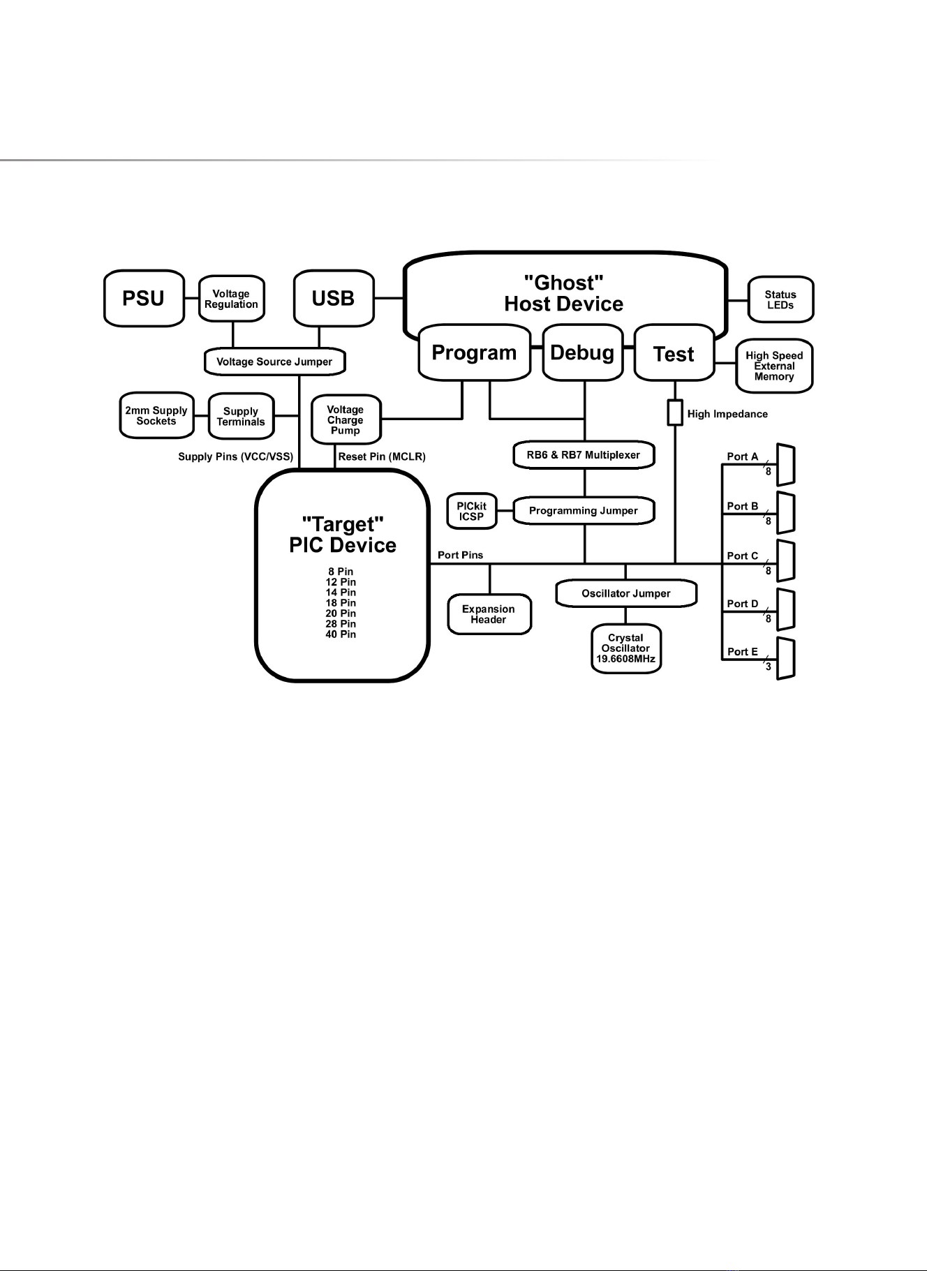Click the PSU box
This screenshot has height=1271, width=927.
tap(144, 299)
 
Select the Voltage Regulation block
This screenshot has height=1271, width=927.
tap(231, 299)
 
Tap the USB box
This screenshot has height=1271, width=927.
tap(334, 299)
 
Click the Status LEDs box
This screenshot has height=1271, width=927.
tap(780, 300)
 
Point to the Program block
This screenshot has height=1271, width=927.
tap(474, 353)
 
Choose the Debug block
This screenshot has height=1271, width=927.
tap(582, 353)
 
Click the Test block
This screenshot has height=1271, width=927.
tap(674, 355)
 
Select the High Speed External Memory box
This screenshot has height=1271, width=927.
tap(774, 366)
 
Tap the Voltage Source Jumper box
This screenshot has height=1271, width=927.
tap(274, 362)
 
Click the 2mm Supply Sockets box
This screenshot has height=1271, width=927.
tap(156, 416)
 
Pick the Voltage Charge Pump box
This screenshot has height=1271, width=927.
tap(346, 420)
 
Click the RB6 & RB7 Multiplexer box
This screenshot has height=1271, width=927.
tap(584, 455)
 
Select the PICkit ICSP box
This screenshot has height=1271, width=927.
tap(472, 511)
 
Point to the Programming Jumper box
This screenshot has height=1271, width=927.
tap(584, 511)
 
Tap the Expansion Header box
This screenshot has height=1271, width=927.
tap(489, 614)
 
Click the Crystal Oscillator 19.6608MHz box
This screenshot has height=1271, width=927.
tap(625, 648)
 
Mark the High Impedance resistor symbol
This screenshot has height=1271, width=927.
tap(675, 413)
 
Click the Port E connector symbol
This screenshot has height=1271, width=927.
tap(786, 658)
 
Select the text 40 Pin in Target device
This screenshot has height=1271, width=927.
tap(341, 634)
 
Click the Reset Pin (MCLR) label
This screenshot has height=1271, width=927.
tap(382, 457)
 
